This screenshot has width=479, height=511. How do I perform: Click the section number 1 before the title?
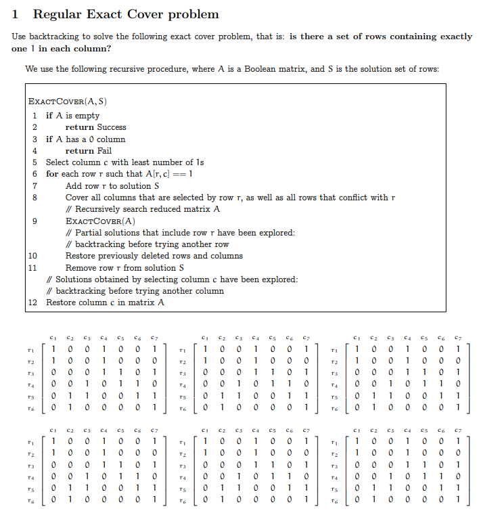pyautogui.click(x=16, y=14)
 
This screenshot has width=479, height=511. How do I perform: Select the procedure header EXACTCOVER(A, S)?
pyautogui.click(x=67, y=102)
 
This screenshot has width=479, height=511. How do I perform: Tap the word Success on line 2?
pyautogui.click(x=112, y=127)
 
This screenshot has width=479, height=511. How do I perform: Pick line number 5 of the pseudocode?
pyautogui.click(x=34, y=162)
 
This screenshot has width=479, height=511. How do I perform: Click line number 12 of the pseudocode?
pyautogui.click(x=32, y=303)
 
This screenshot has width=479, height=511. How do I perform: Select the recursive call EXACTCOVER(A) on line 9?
pyautogui.click(x=100, y=221)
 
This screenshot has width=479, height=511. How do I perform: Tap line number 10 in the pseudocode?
pyautogui.click(x=32, y=256)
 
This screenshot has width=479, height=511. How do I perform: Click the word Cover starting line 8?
pyautogui.click(x=77, y=198)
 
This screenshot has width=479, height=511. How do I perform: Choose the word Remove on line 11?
pyautogui.click(x=81, y=268)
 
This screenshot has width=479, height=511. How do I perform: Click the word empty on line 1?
pyautogui.click(x=87, y=116)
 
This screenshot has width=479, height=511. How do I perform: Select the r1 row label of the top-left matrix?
pyautogui.click(x=29, y=349)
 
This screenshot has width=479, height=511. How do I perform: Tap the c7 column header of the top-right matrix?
pyautogui.click(x=459, y=336)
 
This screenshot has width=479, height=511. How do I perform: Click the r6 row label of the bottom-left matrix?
pyautogui.click(x=29, y=500)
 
